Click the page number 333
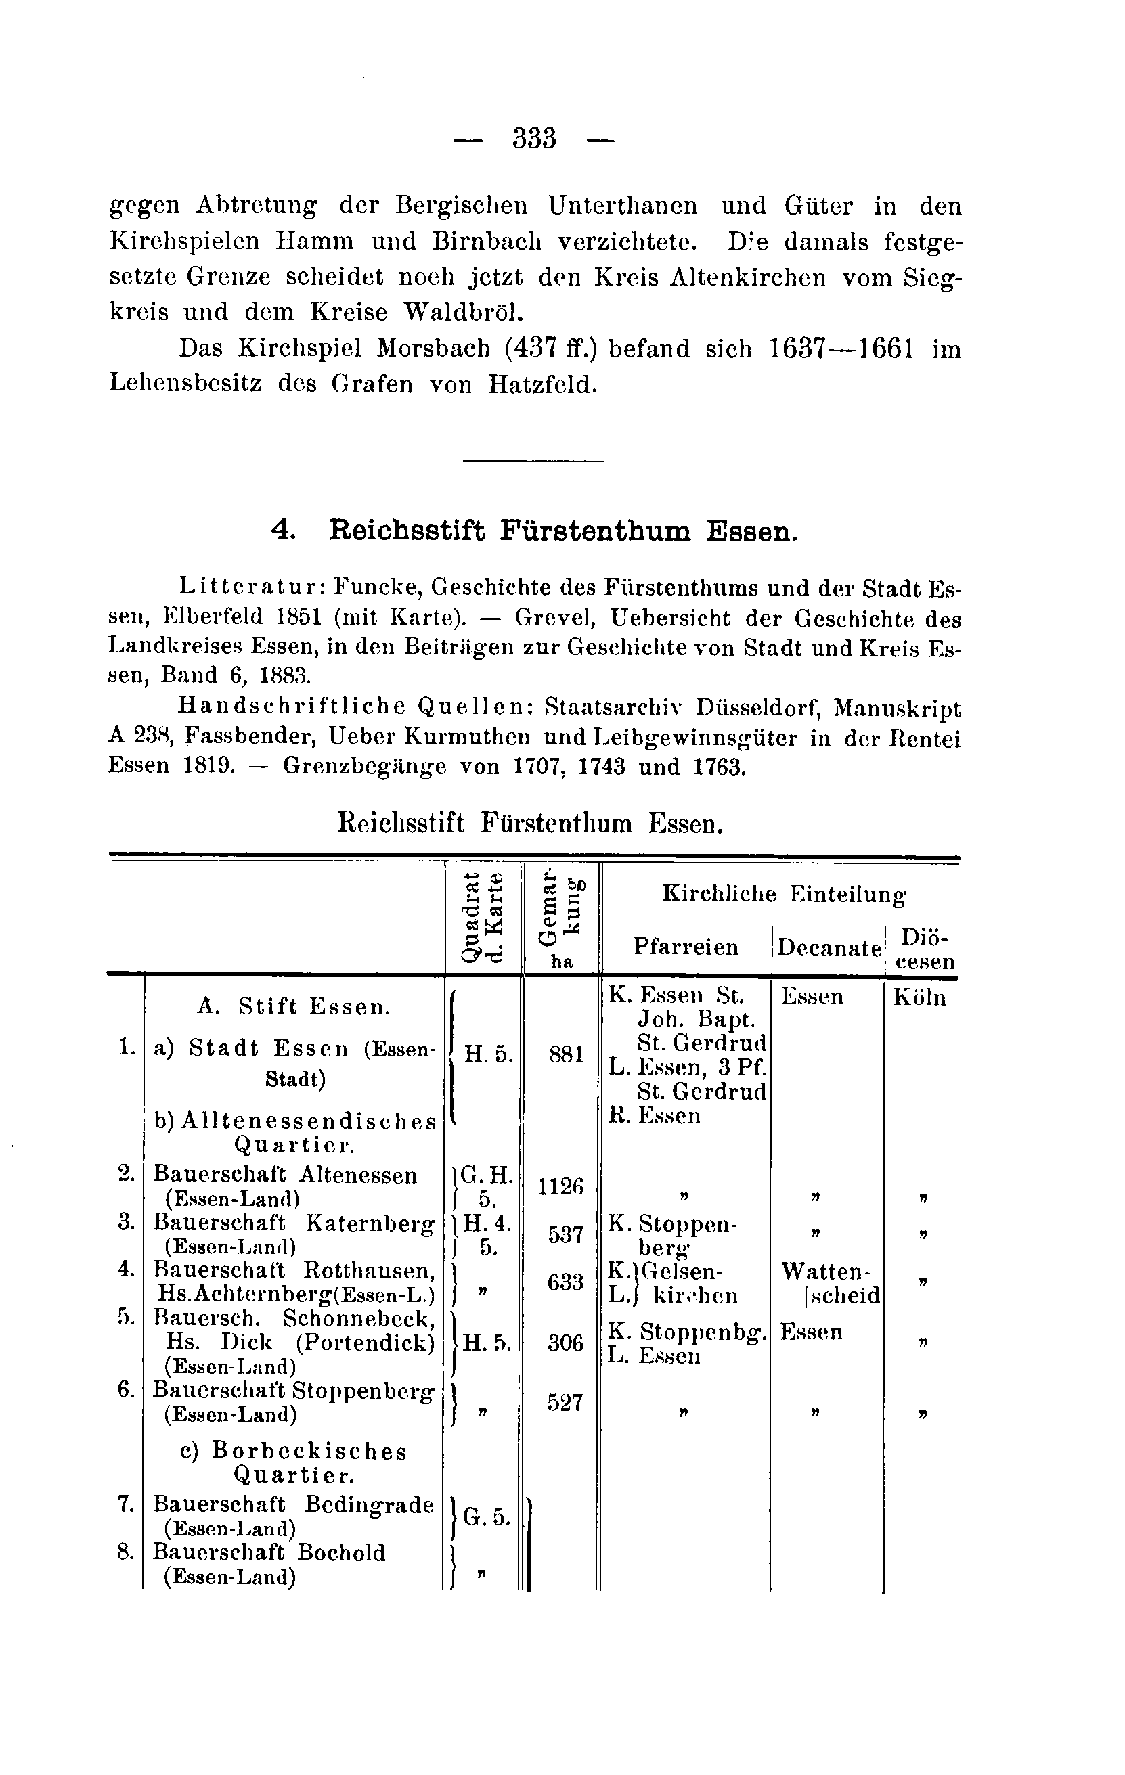point(535,139)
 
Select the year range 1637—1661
point(841,348)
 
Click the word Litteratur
point(249,587)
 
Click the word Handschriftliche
point(291,708)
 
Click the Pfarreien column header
point(686,947)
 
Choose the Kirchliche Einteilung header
point(784,894)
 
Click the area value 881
point(565,1055)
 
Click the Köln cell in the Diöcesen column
point(919,997)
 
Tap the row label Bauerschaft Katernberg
point(293,1223)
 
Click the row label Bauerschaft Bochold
point(269,1553)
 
